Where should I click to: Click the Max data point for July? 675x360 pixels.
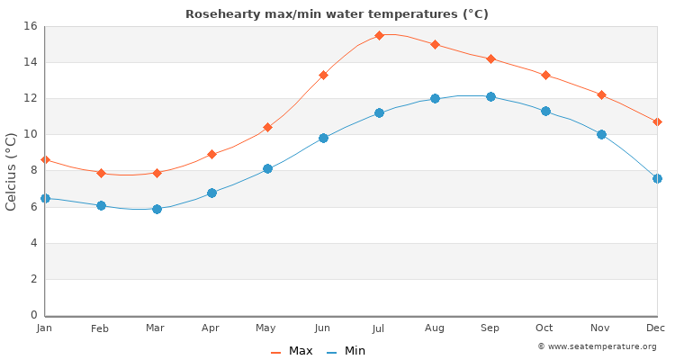pos(379,35)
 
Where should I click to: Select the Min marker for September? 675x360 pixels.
pos(490,96)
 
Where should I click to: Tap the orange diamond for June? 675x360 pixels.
pos(323,75)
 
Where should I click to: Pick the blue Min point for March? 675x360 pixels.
pos(157,209)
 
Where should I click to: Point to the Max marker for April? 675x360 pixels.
pos(211,154)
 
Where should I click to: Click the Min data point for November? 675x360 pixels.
pos(601,134)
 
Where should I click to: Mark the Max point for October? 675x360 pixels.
pos(545,75)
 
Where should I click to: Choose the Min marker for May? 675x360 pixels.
pos(267,168)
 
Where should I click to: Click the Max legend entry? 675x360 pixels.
pos(292,351)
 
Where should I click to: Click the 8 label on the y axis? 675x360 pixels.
pos(33,171)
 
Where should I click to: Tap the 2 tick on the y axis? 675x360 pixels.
pos(33,279)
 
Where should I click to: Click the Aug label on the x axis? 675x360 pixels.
pos(435,328)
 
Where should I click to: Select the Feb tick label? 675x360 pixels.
pos(100,328)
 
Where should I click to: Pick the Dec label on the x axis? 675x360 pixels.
pos(656,328)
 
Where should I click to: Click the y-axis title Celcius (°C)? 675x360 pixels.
pos(12,171)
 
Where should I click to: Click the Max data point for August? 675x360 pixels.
pos(435,44)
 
